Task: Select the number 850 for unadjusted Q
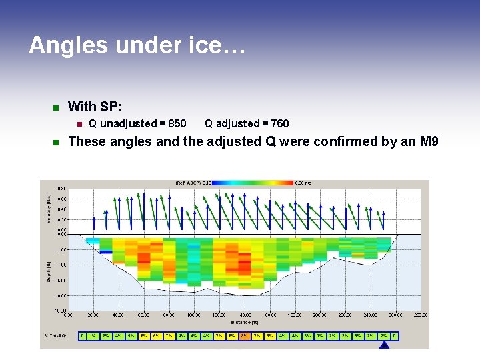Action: tap(177, 123)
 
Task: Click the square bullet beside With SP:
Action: tap(56, 107)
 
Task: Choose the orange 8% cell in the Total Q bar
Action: tap(245, 336)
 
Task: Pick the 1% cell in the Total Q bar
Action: tap(92, 336)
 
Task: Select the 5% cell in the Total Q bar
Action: tap(131, 336)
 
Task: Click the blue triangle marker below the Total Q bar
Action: tap(383, 344)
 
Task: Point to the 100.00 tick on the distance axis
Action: tap(193, 315)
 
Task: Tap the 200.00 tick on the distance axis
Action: tap(319, 315)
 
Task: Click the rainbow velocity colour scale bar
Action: tap(253, 182)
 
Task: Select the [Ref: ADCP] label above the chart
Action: tap(189, 182)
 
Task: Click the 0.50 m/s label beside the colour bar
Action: tap(303, 182)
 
